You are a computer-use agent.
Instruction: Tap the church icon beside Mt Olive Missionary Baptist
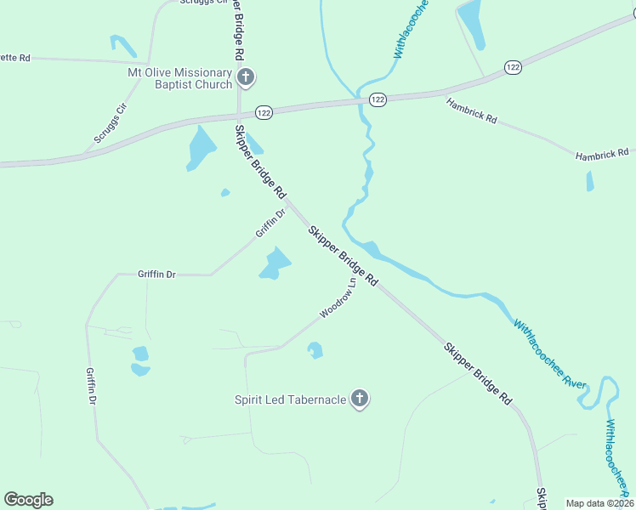tap(246, 79)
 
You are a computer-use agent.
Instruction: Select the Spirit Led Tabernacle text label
tap(290, 399)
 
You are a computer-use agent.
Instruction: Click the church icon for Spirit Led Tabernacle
tap(360, 399)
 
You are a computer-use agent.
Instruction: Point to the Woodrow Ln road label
tap(337, 300)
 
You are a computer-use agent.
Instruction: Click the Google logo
tap(28, 500)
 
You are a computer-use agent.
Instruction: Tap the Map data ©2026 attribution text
tap(599, 503)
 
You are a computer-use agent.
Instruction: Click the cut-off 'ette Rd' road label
tap(15, 58)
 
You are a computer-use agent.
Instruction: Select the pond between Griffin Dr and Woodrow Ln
tap(275, 263)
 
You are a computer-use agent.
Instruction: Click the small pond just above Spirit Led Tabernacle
tap(315, 349)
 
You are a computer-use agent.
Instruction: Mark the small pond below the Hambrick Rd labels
tap(589, 181)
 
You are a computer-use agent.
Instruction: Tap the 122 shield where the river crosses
tap(378, 99)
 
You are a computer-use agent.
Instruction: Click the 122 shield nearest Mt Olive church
tap(263, 112)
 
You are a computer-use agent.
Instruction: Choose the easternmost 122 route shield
tap(512, 66)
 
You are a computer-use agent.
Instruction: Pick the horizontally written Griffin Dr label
tap(156, 275)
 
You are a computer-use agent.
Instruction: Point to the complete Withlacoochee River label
tap(549, 353)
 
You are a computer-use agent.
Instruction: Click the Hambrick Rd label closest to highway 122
tap(471, 110)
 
